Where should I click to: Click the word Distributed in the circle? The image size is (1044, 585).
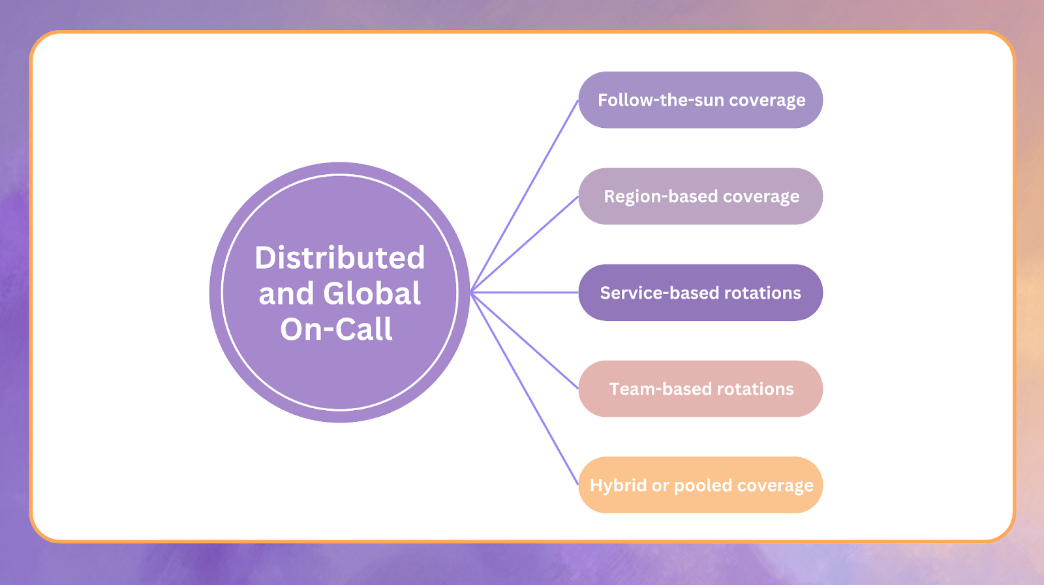tap(339, 258)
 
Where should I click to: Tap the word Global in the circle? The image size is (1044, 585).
tap(372, 293)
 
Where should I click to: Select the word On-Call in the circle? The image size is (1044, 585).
tap(336, 329)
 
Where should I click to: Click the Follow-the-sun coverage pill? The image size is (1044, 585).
tap(700, 100)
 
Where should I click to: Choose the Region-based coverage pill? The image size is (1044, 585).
tap(700, 196)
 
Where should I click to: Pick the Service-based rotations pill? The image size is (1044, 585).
tap(700, 293)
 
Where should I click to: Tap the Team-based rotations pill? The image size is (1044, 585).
tap(700, 389)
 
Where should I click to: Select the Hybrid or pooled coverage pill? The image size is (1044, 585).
tap(700, 485)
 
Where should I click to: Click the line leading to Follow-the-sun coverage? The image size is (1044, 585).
tap(525, 196)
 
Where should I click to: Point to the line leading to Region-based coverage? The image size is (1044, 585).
tap(525, 244)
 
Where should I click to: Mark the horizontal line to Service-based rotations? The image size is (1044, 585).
tap(525, 292)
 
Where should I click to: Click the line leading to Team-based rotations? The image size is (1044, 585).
tap(525, 340)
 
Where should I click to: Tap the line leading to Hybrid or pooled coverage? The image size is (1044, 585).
tap(525, 389)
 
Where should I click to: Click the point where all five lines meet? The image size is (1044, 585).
tap(471, 292)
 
